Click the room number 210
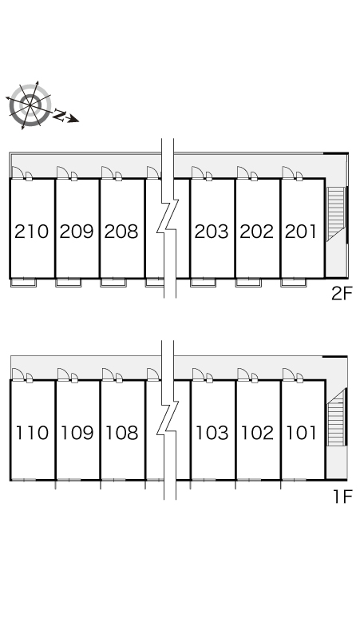tap(31, 232)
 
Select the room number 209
tap(77, 232)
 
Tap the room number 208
tap(121, 232)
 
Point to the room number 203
tap(212, 232)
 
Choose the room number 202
tap(257, 232)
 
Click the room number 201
tap(301, 232)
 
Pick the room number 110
tap(32, 433)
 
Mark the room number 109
tap(77, 433)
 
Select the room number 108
tap(122, 433)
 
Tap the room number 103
tap(212, 433)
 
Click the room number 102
tap(258, 433)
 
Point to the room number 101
tap(302, 433)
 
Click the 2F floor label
tap(341, 294)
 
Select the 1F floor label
tap(342, 497)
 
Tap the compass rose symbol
tap(30, 105)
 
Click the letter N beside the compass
tap(59, 115)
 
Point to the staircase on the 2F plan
tap(336, 214)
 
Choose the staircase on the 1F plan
tap(336, 417)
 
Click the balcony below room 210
tap(24, 282)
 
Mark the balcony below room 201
tap(294, 282)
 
